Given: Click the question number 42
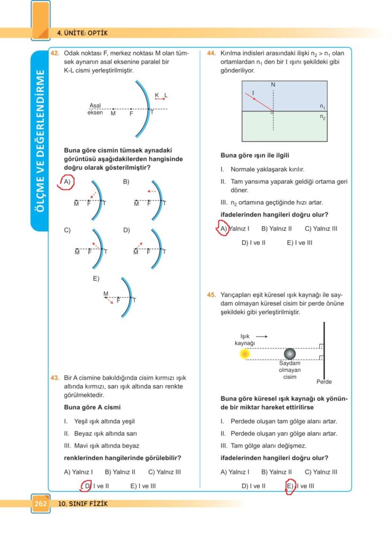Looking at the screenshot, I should click(x=55, y=54).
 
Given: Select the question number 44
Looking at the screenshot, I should click(x=211, y=54).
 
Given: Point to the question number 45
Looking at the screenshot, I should click(x=211, y=294).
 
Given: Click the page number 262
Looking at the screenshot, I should click(x=41, y=504).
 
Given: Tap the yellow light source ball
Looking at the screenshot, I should click(x=245, y=354).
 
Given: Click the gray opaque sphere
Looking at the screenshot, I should click(x=290, y=354).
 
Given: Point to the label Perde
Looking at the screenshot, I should click(x=324, y=382).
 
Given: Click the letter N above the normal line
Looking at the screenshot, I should click(x=273, y=85).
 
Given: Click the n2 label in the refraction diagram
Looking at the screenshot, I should click(x=323, y=116).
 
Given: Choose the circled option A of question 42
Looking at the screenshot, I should click(x=66, y=182).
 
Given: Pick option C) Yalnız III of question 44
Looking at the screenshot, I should click(x=321, y=229).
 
